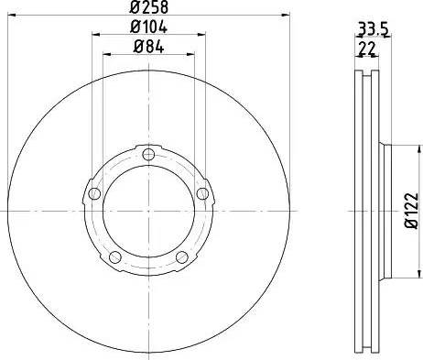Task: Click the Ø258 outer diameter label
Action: (149, 8)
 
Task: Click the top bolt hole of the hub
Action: (149, 152)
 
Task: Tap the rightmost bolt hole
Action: (202, 191)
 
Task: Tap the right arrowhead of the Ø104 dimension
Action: (202, 36)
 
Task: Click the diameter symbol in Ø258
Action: (134, 8)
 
